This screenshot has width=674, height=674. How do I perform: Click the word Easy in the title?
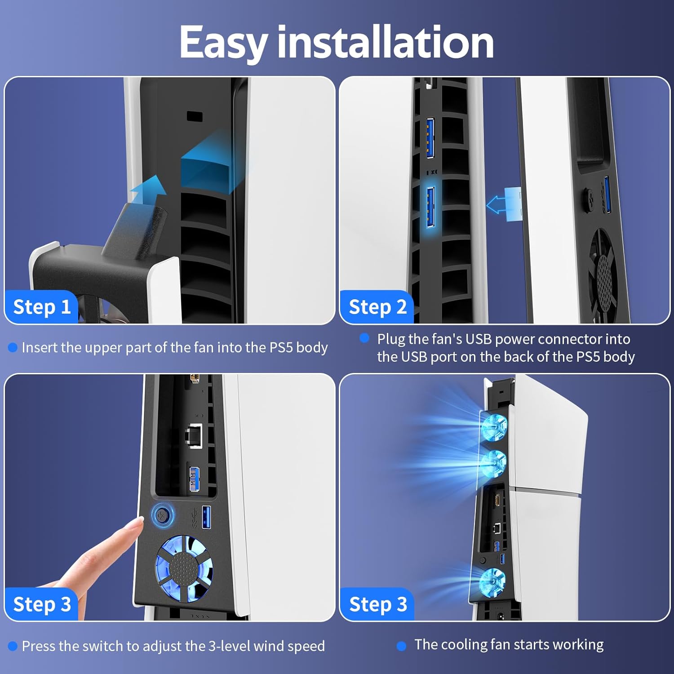tap(223, 43)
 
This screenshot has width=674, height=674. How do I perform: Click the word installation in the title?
tap(386, 41)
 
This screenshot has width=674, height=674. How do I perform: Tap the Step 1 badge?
tap(42, 307)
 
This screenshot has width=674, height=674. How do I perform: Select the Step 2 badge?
tap(377, 307)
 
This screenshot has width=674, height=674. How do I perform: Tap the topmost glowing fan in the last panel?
tap(494, 426)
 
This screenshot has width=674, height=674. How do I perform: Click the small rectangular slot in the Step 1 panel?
tap(195, 116)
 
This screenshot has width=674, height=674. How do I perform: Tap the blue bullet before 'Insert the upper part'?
tap(13, 347)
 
